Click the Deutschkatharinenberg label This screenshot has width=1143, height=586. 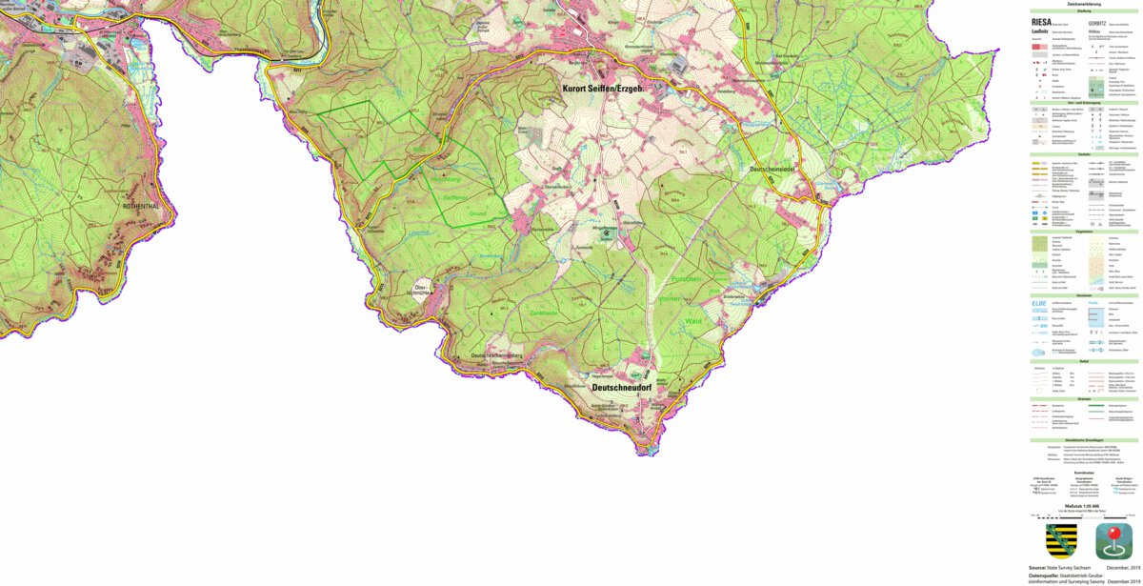point(498,354)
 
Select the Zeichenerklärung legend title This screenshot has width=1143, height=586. point(1084,4)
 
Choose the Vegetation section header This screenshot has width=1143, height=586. point(1084,231)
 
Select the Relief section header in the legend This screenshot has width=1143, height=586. point(1084,361)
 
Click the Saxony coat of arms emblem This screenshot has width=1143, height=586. point(1061,540)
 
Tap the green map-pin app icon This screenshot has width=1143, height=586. point(1113,540)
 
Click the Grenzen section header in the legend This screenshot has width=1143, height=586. point(1084,398)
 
